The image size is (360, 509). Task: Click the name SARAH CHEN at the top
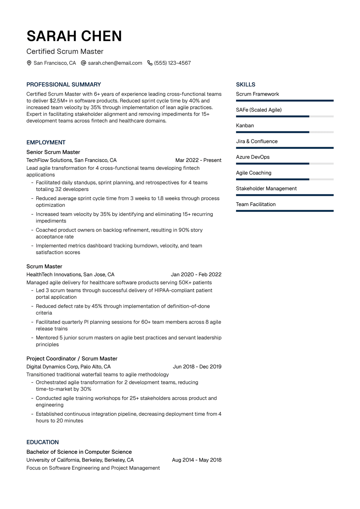click(74, 36)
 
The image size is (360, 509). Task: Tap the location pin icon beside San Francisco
click(29, 63)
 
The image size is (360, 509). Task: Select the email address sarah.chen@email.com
click(115, 63)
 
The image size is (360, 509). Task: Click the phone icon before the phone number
click(150, 63)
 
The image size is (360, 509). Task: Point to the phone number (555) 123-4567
click(172, 63)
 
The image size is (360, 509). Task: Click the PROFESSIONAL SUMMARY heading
click(64, 85)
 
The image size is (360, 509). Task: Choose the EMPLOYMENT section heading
click(46, 142)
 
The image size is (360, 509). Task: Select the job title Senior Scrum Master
click(53, 152)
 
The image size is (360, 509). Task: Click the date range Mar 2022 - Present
click(198, 160)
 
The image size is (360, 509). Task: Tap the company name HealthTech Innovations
click(54, 274)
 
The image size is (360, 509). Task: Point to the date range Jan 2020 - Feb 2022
click(196, 274)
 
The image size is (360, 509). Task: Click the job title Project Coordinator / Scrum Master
click(72, 358)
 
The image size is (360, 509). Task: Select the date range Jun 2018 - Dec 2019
click(197, 367)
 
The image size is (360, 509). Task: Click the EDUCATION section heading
click(43, 442)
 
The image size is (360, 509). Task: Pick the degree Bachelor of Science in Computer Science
click(79, 452)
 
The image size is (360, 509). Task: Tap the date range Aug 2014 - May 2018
click(196, 460)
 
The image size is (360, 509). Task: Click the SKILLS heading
click(246, 85)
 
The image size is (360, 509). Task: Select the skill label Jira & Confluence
click(257, 141)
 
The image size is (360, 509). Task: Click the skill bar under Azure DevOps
click(285, 164)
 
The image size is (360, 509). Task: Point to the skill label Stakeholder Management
click(266, 188)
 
